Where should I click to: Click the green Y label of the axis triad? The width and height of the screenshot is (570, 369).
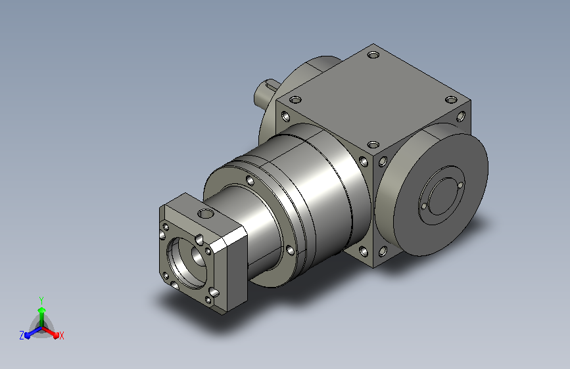(x=41, y=300)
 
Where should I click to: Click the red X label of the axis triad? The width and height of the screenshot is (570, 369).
(x=61, y=336)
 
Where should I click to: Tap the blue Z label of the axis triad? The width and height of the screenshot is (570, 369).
(x=22, y=336)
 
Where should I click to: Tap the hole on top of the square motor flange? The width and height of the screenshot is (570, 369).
(x=206, y=213)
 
